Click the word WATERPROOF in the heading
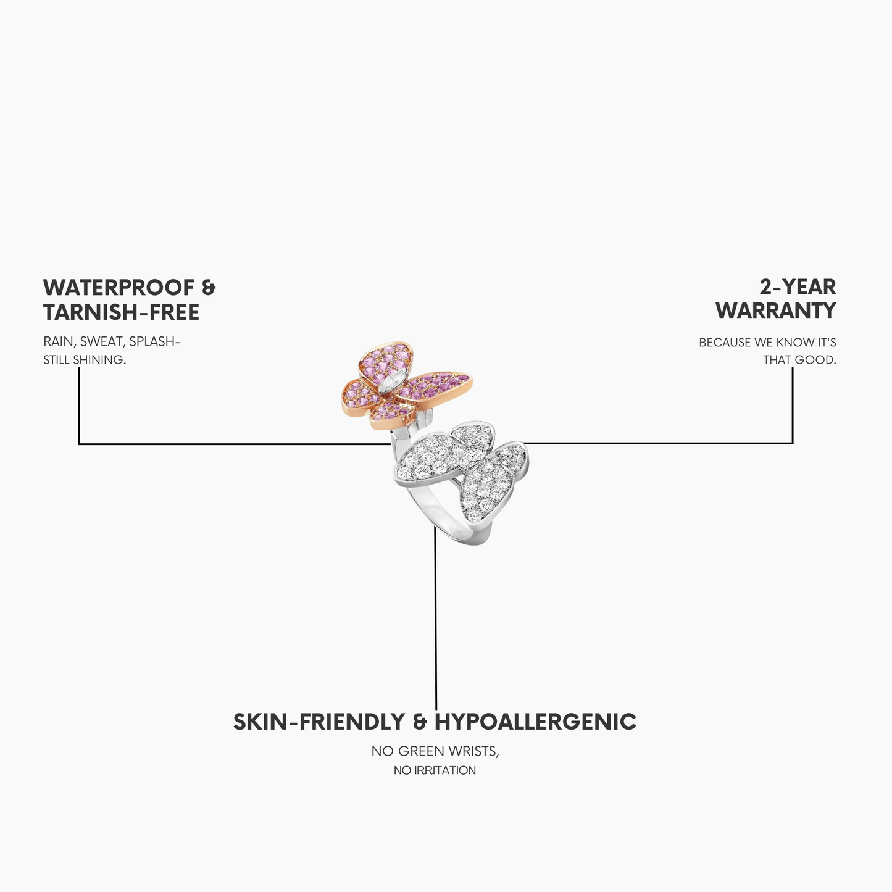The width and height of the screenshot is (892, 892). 119,288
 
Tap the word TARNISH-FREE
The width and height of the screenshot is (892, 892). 121,312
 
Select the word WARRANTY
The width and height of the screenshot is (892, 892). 776,311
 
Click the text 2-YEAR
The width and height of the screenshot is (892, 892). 798,287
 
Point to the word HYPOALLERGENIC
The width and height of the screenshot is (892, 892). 535,722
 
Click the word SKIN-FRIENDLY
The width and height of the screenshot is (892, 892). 319,722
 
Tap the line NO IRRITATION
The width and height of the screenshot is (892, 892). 435,770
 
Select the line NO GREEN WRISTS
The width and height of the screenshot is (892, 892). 435,751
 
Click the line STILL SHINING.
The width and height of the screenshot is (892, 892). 85,360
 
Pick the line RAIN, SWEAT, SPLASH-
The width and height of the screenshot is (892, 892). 112,341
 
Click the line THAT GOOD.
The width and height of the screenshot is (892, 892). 800,360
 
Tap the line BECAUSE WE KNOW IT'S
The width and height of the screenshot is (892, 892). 767,342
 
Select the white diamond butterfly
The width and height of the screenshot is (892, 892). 462,471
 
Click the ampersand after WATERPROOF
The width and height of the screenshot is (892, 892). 209,288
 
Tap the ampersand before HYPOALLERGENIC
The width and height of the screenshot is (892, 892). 420,722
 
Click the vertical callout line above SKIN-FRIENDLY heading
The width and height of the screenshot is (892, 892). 436,618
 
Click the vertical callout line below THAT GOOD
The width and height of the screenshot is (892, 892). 793,405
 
